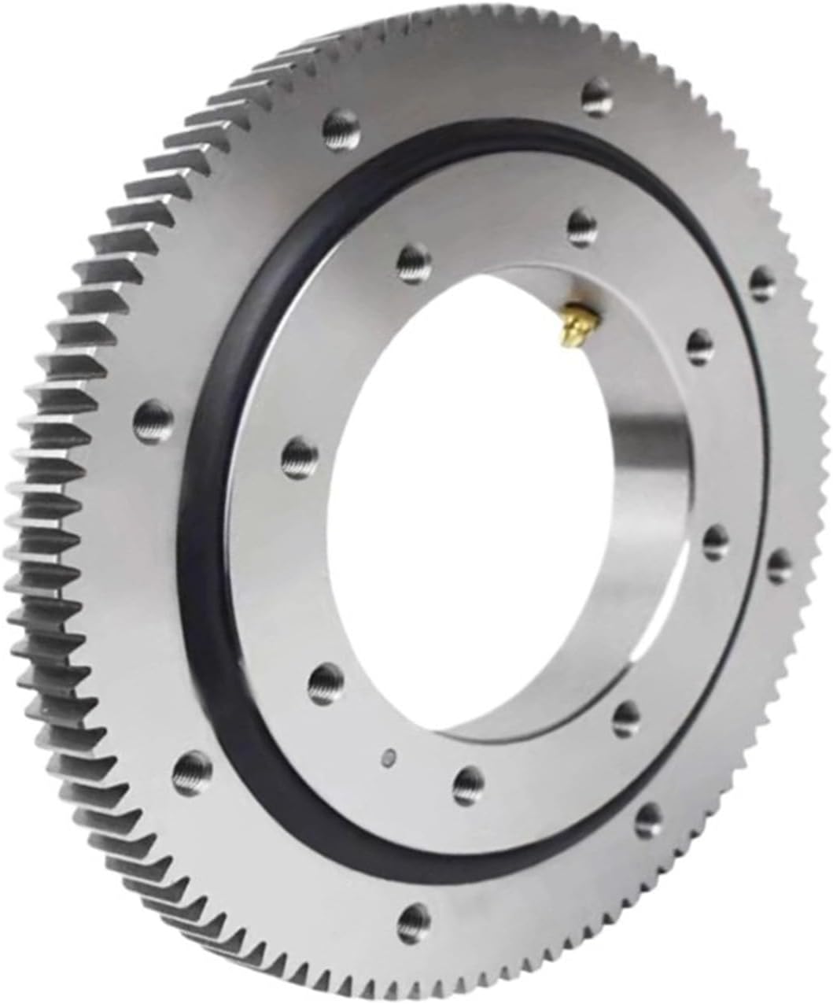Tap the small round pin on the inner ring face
pyautogui.click(x=386, y=757)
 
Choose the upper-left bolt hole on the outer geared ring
pyautogui.click(x=337, y=124)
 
